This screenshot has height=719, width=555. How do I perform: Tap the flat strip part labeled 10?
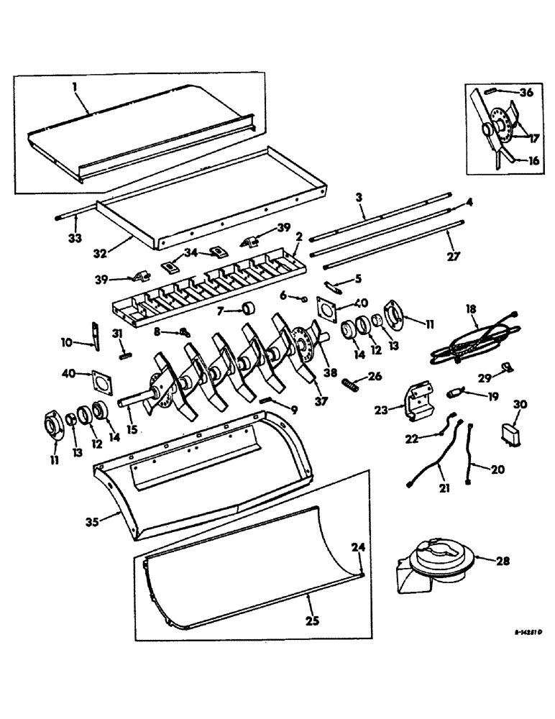tap(95, 336)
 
